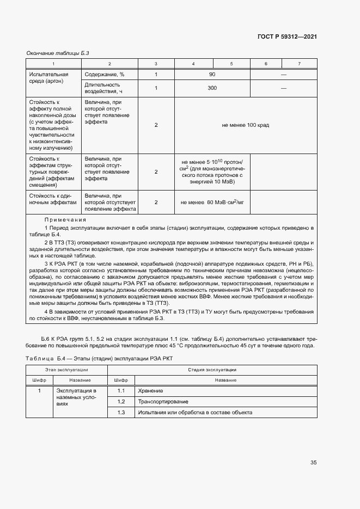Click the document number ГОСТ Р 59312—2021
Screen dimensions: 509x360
click(287, 36)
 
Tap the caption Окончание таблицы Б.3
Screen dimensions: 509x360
click(58, 53)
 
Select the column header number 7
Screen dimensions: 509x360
click(299, 64)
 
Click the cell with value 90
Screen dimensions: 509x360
click(212, 75)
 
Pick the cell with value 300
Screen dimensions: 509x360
click(212, 88)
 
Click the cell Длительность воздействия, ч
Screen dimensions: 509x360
click(102, 88)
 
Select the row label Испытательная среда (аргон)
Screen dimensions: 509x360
click(48, 78)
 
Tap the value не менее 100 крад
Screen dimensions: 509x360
click(245, 125)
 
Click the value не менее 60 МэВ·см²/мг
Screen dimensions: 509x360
click(212, 202)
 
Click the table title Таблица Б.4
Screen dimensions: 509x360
click(46, 358)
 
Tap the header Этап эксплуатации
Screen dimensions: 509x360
click(67, 369)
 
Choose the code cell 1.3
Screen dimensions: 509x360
click(121, 413)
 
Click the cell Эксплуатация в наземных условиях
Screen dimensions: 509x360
click(76, 398)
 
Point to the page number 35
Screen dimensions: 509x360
click(313, 463)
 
